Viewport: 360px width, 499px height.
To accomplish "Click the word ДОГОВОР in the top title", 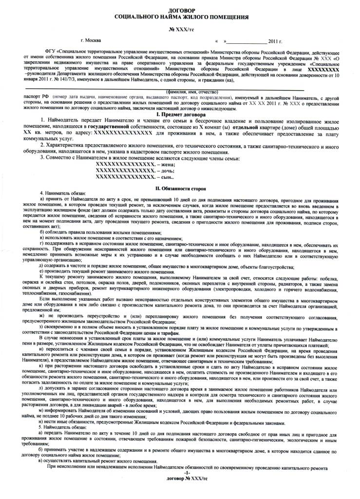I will coord(180,10).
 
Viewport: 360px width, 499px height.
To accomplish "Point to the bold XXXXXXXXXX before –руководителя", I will coord(315,70).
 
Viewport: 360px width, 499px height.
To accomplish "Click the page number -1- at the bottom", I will coord(180,487).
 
